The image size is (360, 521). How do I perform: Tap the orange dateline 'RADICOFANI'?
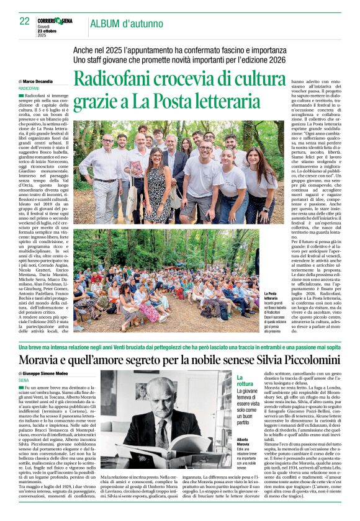(30, 89)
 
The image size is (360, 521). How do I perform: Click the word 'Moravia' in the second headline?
(47, 360)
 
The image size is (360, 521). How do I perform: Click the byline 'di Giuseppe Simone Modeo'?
(47, 375)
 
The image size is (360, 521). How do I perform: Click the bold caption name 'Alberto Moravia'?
(246, 440)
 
